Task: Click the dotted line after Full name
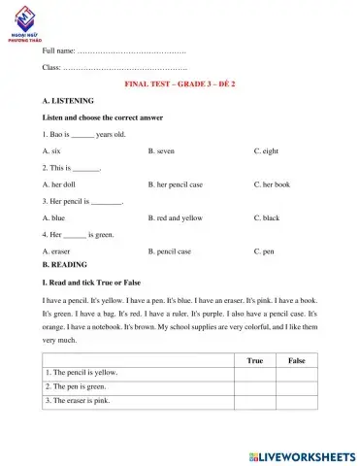(x=131, y=50)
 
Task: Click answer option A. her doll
(x=59, y=184)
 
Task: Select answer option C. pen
(x=264, y=251)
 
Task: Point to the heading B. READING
(x=65, y=264)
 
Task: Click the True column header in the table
(x=255, y=359)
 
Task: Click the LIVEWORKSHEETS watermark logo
(x=302, y=454)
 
